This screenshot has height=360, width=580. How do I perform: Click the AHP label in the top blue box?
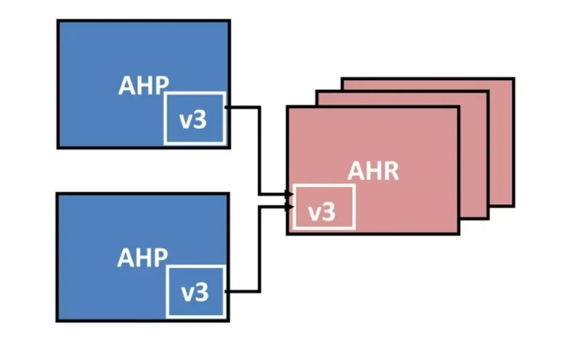pyautogui.click(x=143, y=85)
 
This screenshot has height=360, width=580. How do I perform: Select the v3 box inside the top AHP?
pyautogui.click(x=193, y=118)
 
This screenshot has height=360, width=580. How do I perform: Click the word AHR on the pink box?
pyautogui.click(x=373, y=171)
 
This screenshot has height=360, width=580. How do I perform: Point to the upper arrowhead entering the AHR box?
pyautogui.click(x=289, y=193)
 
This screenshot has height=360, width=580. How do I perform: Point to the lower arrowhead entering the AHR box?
pyautogui.click(x=289, y=206)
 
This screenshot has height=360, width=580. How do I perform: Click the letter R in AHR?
pyautogui.click(x=389, y=171)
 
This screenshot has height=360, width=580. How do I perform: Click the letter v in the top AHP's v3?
pyautogui.click(x=186, y=119)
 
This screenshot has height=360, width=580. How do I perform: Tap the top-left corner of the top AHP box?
pyautogui.click(x=58, y=21)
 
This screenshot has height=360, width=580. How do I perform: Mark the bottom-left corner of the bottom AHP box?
pyautogui.click(x=58, y=320)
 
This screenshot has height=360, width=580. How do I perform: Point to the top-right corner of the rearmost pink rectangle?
pyautogui.click(x=513, y=79)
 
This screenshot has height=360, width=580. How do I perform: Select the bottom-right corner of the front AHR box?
pyautogui.click(x=459, y=234)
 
